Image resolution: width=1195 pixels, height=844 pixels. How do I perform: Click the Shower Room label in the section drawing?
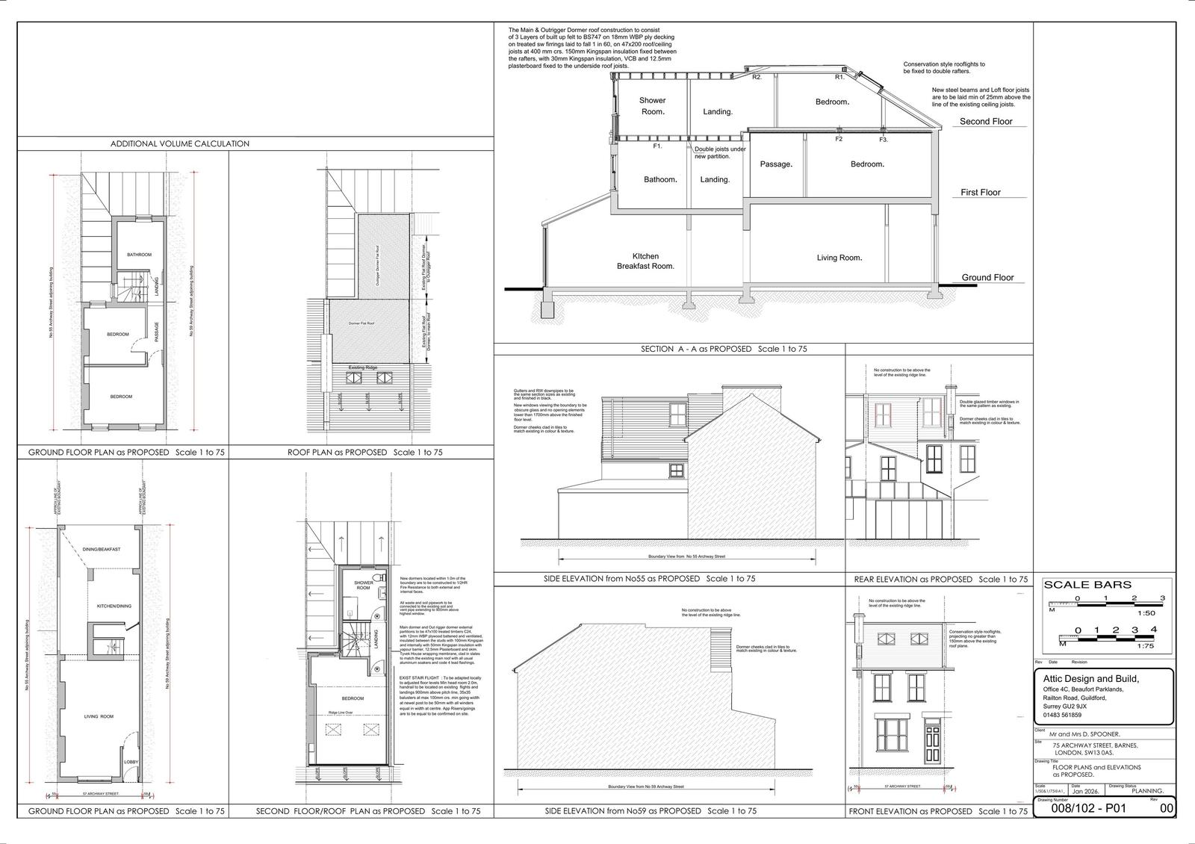(652, 105)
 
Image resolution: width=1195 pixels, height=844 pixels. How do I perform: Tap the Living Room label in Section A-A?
(839, 258)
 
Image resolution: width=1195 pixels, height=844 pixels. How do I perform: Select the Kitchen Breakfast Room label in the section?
(645, 261)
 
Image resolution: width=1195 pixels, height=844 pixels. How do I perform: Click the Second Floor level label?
(986, 121)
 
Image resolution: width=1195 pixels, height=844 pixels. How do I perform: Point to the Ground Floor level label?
(987, 277)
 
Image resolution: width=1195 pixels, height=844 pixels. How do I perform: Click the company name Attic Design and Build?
(1090, 678)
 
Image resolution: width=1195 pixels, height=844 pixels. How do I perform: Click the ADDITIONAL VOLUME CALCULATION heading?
(180, 143)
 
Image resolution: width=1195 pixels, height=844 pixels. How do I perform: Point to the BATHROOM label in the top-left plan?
(139, 255)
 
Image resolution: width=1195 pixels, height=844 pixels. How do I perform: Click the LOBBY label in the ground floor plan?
(131, 763)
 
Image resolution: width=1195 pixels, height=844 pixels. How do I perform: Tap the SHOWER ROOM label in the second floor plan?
(363, 585)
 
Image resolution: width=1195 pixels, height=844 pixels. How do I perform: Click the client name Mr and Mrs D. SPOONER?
(1084, 734)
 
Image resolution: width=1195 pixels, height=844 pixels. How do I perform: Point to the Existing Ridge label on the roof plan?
(366, 367)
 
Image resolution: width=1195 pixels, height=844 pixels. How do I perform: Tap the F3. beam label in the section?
(883, 140)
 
